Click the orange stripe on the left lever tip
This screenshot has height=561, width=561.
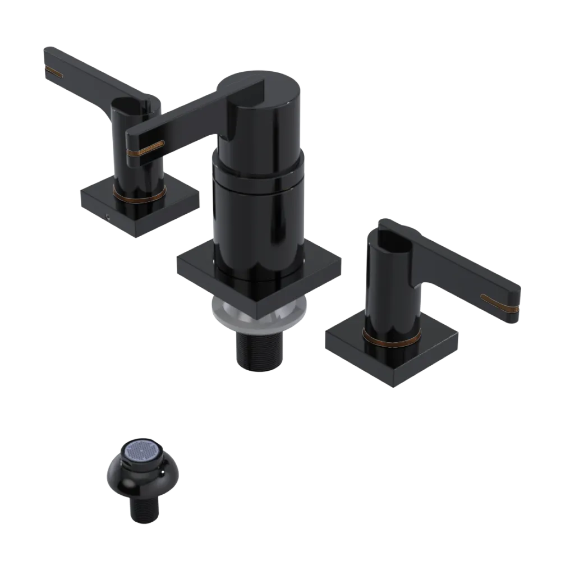click(55, 72)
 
